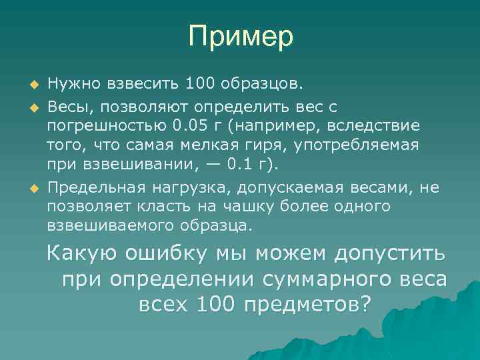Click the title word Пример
click(240, 37)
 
